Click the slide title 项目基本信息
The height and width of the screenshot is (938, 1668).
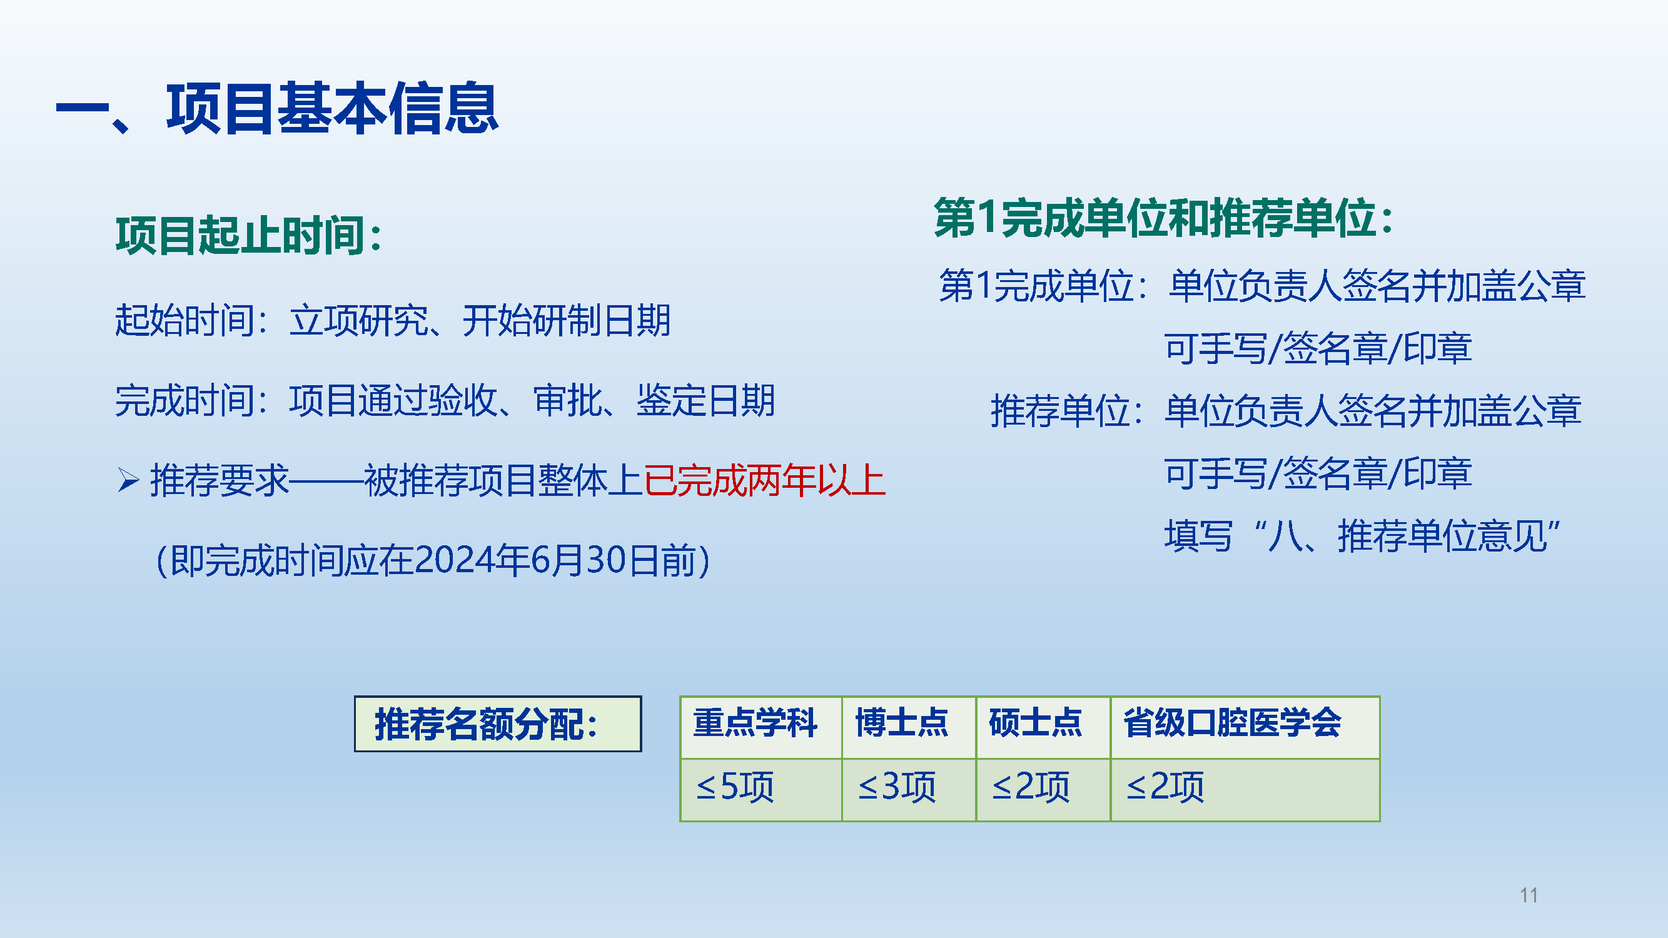[332, 109]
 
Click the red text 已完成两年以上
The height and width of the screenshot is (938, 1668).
[765, 481]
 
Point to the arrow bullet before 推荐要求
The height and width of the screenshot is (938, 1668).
[129, 480]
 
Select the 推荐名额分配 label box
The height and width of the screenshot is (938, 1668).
[498, 724]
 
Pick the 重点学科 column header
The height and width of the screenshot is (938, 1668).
[755, 722]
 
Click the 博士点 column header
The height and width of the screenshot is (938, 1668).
[902, 722]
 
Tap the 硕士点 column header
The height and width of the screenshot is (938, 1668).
[1035, 722]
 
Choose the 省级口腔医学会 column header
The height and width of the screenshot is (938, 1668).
[1232, 722]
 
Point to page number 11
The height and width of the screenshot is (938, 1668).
[1529, 895]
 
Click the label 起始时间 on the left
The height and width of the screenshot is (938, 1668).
[184, 320]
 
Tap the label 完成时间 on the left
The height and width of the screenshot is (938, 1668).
[184, 401]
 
